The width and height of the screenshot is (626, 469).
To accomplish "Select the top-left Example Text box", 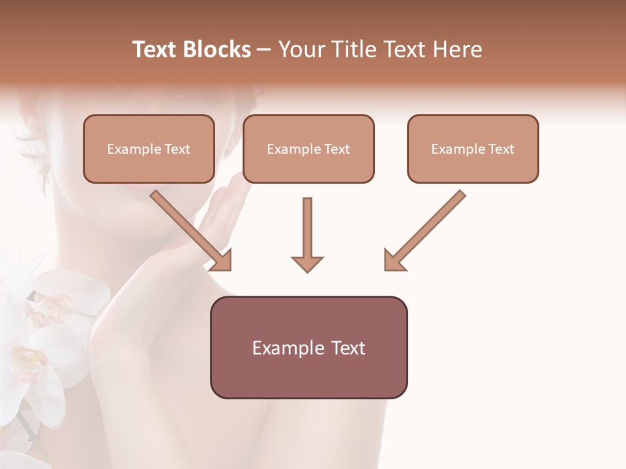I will pos(149,149).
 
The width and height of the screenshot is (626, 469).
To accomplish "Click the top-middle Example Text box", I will pos(308,149).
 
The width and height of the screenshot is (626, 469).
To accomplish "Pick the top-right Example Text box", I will pos(473,149).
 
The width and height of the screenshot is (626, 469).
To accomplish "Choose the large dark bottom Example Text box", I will pos(308,347).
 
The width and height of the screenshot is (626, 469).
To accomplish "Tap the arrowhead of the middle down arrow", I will pos(307,263).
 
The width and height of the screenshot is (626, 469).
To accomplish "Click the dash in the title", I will pos(265,50).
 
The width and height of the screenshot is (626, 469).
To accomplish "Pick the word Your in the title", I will pos(301,50).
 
